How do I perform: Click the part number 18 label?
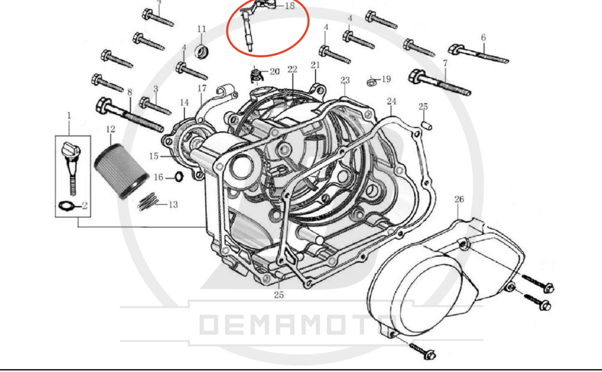tap(290, 6)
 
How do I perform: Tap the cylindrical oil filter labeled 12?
tap(121, 171)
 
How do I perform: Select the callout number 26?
tap(459, 200)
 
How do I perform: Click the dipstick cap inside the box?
tap(70, 150)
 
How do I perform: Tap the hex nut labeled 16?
tap(179, 177)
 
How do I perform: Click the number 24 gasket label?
tap(391, 101)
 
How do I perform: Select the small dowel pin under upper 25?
tap(426, 126)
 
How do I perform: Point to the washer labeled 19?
tap(372, 82)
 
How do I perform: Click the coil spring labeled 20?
tap(256, 75)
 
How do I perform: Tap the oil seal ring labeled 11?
tap(201, 51)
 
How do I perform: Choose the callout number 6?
tap(483, 38)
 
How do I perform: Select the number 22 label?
tap(292, 70)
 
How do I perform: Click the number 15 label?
tap(154, 156)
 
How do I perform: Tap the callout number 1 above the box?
tap(69, 116)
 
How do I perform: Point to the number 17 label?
tap(202, 88)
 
